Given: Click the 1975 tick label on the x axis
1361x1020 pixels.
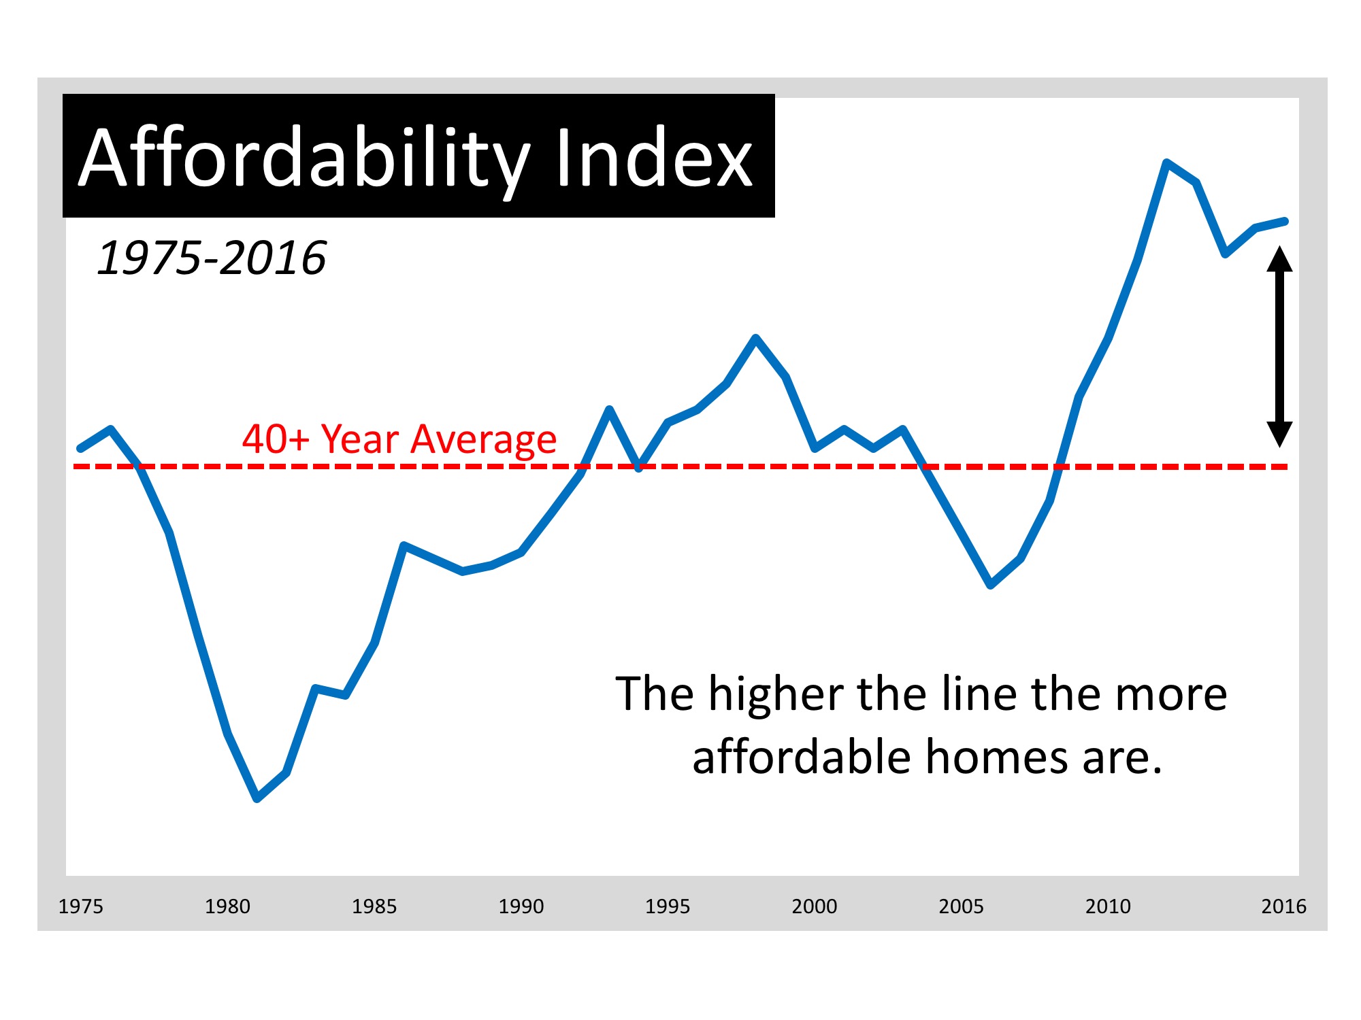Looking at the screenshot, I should coord(81,906).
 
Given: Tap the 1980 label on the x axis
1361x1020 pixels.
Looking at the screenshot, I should coord(227,906).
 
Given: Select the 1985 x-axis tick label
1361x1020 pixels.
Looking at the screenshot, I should coord(374,906).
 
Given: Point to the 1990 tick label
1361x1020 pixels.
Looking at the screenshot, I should coord(521,906).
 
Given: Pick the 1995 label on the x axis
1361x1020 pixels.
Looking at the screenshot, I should coord(668,906).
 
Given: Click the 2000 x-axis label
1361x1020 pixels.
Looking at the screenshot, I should coord(815,906).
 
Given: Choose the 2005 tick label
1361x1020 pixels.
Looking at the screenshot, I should coord(961,906).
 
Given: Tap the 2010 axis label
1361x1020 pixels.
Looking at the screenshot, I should coord(1108,906).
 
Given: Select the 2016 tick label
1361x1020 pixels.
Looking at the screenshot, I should coord(1283,906).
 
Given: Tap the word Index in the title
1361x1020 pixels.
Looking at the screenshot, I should coord(654,159).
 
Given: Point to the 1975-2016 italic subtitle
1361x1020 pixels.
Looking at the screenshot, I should coord(212,258).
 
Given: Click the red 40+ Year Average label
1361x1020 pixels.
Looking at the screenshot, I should coord(399,439).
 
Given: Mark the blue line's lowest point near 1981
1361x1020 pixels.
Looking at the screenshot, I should coord(257,798).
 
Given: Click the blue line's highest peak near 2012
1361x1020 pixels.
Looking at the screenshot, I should coord(1167,163).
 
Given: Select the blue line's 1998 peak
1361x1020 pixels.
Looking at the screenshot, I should coord(756,338).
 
